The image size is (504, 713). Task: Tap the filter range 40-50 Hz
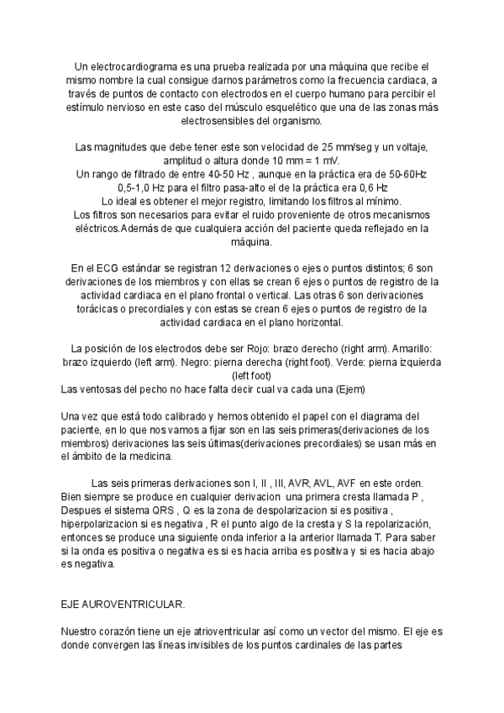point(204,174)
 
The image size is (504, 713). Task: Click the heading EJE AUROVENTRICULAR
point(123,605)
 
